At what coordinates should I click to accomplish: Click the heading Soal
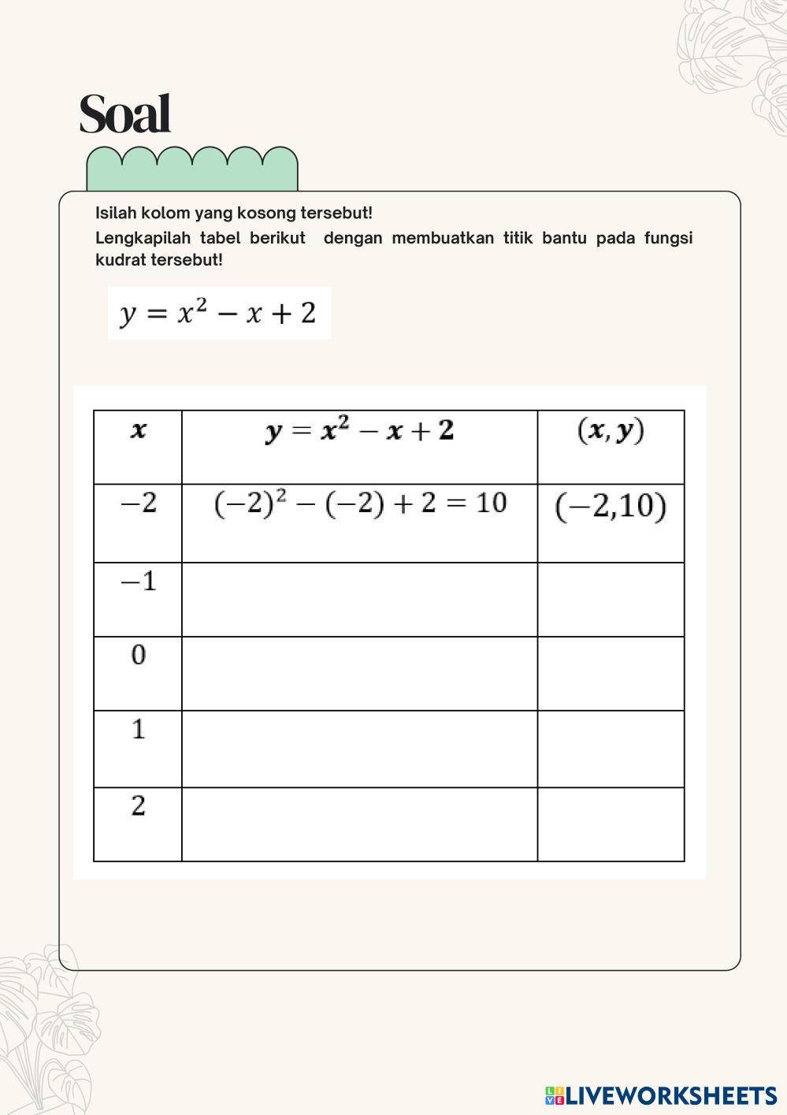(x=124, y=114)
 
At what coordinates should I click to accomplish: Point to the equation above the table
(x=219, y=314)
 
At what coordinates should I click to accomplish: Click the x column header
(x=138, y=431)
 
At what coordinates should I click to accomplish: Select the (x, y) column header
(x=611, y=431)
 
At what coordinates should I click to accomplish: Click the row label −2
(x=138, y=503)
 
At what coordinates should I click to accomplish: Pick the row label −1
(x=138, y=582)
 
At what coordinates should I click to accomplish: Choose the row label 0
(x=138, y=655)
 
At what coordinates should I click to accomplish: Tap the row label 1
(x=138, y=730)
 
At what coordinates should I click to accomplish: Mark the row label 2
(x=138, y=806)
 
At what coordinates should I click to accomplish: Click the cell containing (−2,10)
(x=611, y=507)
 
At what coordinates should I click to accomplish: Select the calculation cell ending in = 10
(x=359, y=504)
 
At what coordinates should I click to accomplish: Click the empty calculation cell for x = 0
(x=359, y=674)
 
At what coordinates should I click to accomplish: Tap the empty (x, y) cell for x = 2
(x=611, y=824)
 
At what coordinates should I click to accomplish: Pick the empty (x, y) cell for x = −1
(x=611, y=600)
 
